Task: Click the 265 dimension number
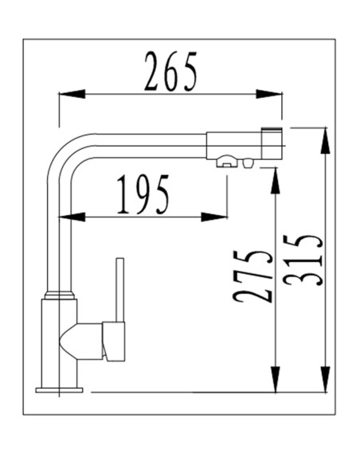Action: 170,72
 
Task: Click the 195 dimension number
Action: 143,195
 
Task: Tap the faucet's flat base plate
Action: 59,389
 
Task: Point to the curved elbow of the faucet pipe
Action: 64,151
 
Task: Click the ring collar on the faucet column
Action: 61,295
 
